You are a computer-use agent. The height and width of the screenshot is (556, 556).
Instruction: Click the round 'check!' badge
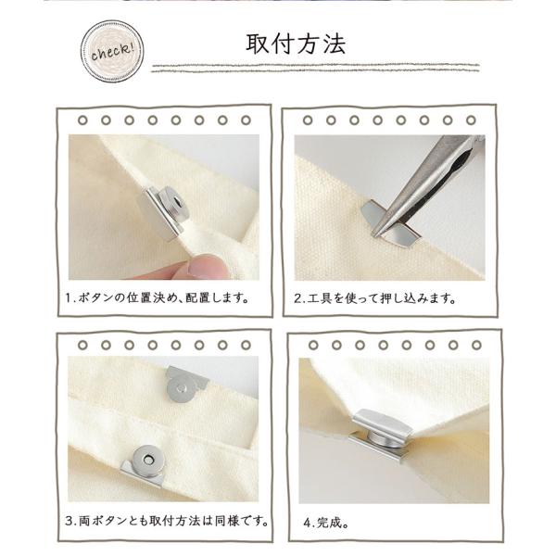pos(112,51)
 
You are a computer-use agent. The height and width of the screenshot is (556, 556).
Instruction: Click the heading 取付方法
pos(296,44)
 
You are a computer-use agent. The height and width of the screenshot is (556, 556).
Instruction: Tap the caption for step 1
pos(158,297)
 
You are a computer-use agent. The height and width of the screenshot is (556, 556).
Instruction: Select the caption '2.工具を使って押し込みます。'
pos(374,298)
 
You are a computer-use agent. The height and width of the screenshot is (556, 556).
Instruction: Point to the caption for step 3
pos(166,521)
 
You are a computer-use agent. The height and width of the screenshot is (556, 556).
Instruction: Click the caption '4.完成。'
pos(326,522)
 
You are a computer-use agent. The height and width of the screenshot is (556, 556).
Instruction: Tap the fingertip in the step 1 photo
pos(198,268)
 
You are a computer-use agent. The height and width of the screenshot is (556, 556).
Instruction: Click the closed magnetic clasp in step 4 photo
pos(382,434)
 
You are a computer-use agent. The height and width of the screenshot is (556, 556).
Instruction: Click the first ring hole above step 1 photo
pos(82,120)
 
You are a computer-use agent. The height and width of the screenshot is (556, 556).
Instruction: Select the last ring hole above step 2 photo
pos(471,120)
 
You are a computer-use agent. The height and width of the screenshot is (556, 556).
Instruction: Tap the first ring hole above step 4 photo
pos(313,345)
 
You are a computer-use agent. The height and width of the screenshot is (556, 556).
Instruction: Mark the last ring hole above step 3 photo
pos(246,345)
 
